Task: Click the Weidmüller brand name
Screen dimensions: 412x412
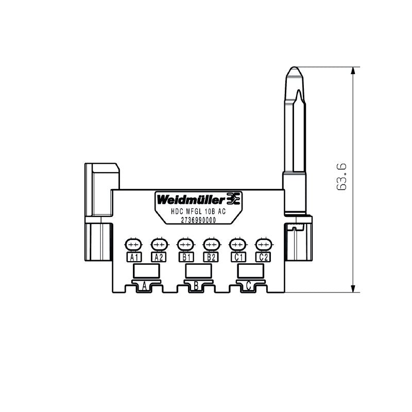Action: (x=191, y=199)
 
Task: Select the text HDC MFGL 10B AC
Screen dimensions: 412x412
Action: (x=198, y=211)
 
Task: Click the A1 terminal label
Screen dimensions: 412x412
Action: (x=133, y=257)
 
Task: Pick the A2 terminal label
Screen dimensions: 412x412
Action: (x=158, y=257)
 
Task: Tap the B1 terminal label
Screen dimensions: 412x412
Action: (x=185, y=257)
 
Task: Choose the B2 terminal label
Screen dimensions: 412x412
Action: (x=211, y=257)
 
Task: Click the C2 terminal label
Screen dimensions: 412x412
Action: (x=263, y=257)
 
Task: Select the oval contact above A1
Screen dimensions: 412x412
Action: (x=133, y=244)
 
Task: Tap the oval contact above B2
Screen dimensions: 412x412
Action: (x=211, y=244)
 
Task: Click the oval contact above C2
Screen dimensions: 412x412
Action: (x=263, y=244)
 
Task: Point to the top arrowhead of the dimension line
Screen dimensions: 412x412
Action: (x=353, y=71)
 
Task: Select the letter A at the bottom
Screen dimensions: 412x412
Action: (x=145, y=285)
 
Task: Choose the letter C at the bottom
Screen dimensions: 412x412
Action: (x=248, y=285)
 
